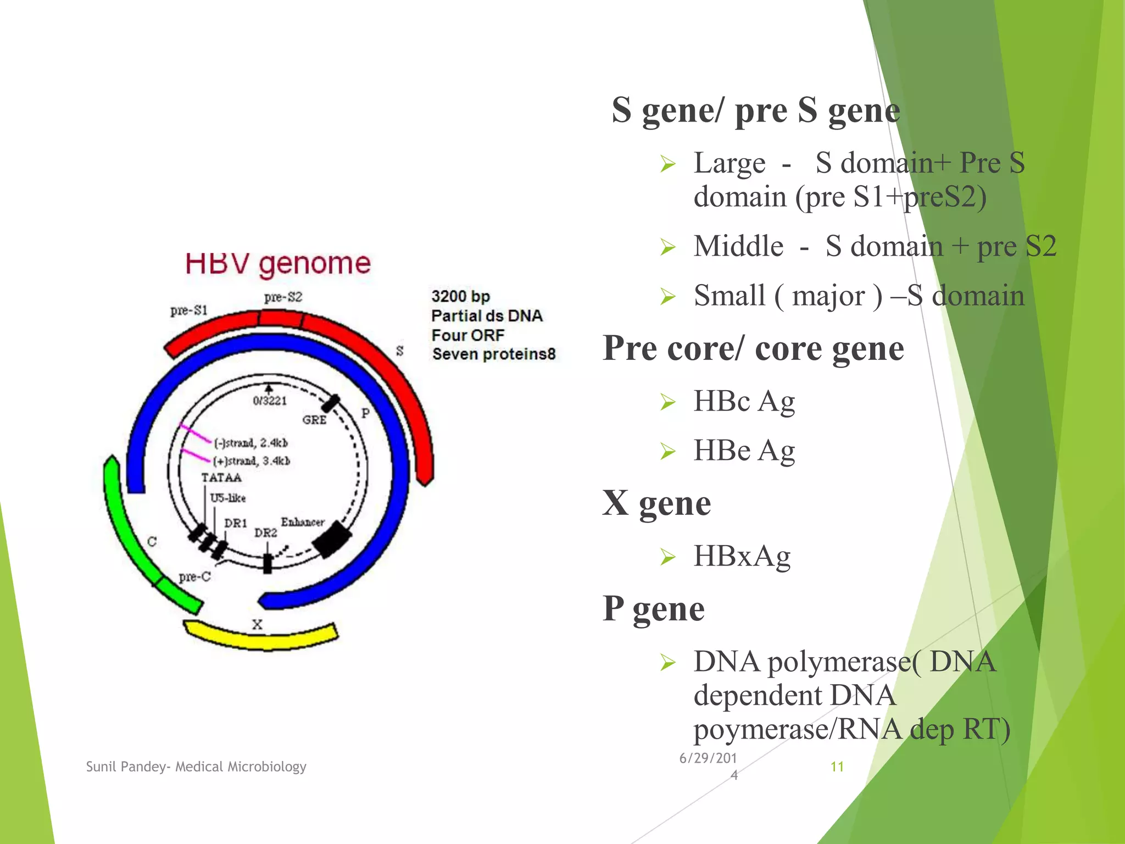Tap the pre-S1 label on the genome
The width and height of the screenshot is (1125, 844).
[x=188, y=310]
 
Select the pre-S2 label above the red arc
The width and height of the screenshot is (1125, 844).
[x=283, y=297]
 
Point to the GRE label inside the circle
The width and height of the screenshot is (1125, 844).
[x=314, y=420]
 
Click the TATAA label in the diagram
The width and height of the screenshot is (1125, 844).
[x=221, y=477]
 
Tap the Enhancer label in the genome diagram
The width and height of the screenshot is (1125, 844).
[x=303, y=522]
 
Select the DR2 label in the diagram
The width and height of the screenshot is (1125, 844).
[x=265, y=533]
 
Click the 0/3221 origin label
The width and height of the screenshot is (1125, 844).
[x=270, y=401]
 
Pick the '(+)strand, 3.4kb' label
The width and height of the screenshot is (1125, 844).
[x=252, y=460]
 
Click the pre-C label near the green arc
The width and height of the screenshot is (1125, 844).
[x=194, y=577]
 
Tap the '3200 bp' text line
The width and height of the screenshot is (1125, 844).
[x=460, y=297]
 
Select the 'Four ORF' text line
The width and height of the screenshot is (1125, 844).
[x=467, y=335]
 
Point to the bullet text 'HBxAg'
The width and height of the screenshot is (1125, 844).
[x=742, y=556]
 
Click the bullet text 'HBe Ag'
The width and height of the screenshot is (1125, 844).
[x=744, y=451]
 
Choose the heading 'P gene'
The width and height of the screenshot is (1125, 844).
[x=653, y=608]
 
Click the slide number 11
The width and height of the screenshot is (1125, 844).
[x=837, y=767]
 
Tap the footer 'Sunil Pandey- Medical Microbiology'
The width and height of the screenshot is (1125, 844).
[x=196, y=767]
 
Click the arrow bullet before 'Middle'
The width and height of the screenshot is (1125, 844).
[x=667, y=247]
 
